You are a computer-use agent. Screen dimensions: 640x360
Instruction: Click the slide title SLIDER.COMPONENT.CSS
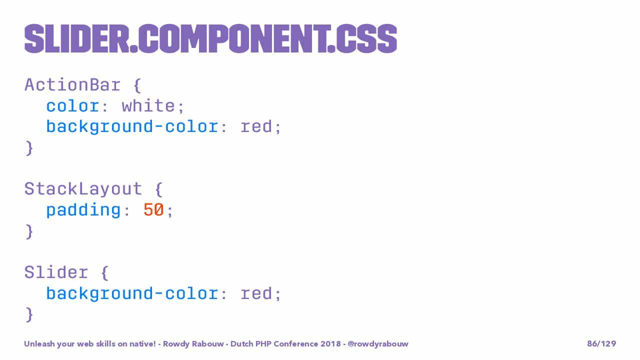210,38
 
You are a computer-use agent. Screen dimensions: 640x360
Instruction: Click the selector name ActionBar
72,85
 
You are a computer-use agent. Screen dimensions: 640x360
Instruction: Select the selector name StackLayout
83,189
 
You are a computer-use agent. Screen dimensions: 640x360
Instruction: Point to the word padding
83,211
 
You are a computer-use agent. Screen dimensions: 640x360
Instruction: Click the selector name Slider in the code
56,272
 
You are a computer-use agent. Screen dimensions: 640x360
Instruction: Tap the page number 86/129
601,343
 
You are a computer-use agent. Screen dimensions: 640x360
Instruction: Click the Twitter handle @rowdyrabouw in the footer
378,343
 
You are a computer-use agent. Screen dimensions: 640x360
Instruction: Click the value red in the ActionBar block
256,126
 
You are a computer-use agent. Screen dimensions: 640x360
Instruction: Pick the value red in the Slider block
256,293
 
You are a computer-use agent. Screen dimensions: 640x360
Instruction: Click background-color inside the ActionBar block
132,127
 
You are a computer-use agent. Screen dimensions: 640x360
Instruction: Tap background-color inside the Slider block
132,293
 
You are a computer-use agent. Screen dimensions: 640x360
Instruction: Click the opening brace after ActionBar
137,85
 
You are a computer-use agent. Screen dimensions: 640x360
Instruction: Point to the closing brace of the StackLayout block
29,231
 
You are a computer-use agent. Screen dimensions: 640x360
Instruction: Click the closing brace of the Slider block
29,314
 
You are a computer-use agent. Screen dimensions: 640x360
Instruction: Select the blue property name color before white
72,106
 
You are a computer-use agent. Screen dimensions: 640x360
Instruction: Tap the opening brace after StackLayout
159,189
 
